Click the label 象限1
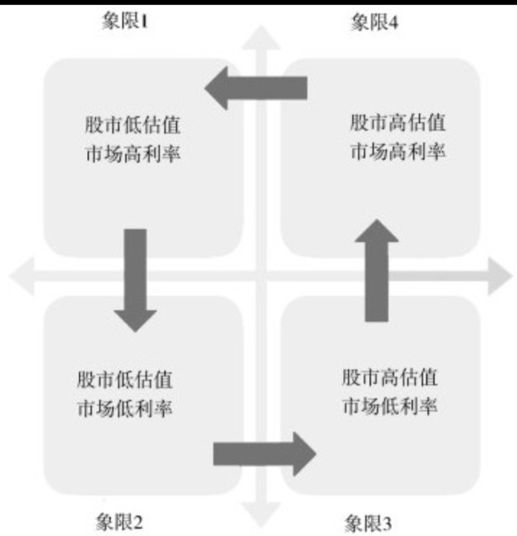coord(126,21)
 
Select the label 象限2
coord(119,519)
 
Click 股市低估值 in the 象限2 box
coord(125,379)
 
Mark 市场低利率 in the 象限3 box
coord(390,406)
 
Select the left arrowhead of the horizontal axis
coord(22,276)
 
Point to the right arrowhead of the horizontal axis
coord(498,276)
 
